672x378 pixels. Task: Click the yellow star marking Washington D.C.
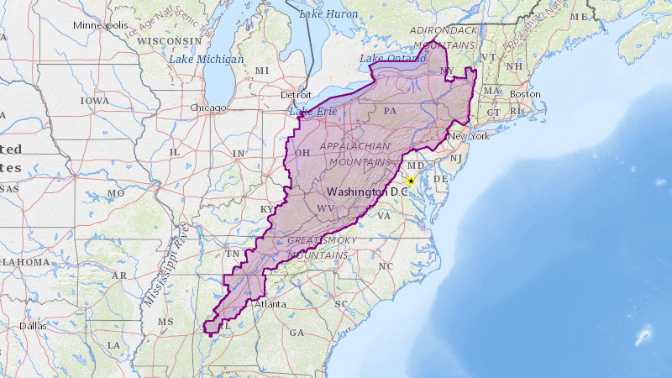[x=411, y=181]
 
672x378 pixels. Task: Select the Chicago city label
[x=208, y=108]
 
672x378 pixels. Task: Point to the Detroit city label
[x=297, y=94]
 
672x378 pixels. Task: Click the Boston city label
[x=525, y=94]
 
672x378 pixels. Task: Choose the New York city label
[x=468, y=136]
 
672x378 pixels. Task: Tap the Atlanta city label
[x=270, y=304]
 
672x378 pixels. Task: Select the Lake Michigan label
[x=206, y=60]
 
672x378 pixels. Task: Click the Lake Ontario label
[x=386, y=58]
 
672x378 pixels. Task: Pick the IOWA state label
[x=94, y=100]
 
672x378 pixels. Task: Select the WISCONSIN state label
[x=167, y=40]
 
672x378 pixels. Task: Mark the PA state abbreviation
[x=390, y=110]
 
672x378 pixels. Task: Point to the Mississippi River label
[x=165, y=265]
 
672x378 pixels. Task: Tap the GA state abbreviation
[x=297, y=333]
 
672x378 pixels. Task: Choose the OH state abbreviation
[x=302, y=152]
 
